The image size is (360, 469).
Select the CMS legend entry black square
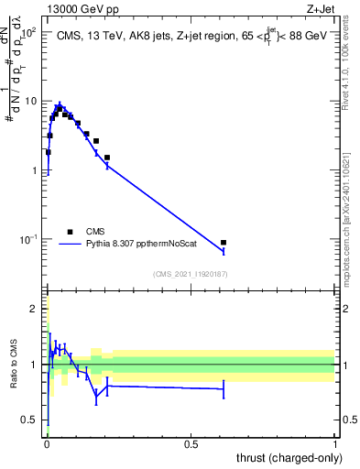pyautogui.click(x=70, y=232)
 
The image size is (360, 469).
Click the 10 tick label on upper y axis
pyautogui.click(x=30, y=101)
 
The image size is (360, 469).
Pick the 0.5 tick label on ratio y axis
pyautogui.click(x=30, y=420)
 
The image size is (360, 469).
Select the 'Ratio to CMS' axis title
pyautogui.click(x=14, y=365)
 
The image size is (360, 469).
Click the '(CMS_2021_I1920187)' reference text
pyautogui.click(x=191, y=274)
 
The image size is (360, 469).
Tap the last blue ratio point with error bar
pyautogui.click(x=224, y=389)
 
